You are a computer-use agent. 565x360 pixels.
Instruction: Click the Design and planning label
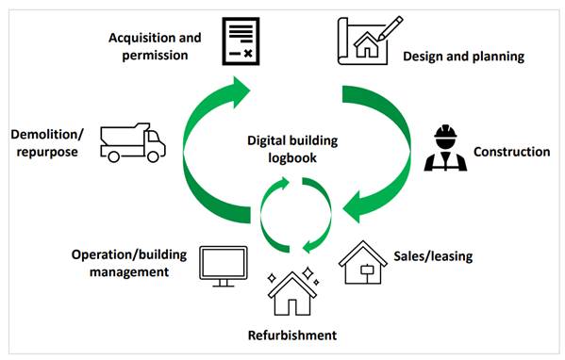point(463,57)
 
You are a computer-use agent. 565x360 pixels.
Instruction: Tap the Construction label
point(511,151)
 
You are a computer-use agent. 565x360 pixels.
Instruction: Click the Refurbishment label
point(291,335)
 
